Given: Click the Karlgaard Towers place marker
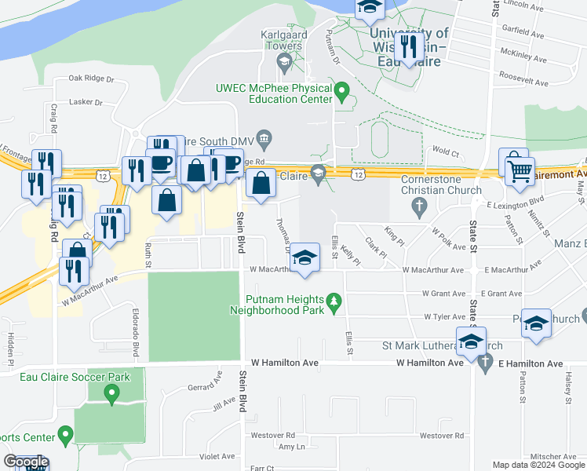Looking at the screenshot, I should (285, 61).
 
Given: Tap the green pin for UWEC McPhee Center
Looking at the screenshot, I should (341, 93).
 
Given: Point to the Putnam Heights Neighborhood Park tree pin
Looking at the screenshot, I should (334, 302).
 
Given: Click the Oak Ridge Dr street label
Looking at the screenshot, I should (92, 78).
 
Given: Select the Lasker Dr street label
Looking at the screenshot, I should (86, 102).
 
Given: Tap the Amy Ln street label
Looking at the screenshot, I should (290, 447).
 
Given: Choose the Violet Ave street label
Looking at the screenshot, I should (217, 455).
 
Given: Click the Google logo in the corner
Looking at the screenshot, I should (26, 462).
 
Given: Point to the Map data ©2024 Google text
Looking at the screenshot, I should (538, 465).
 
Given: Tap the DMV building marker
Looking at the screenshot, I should (264, 139).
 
